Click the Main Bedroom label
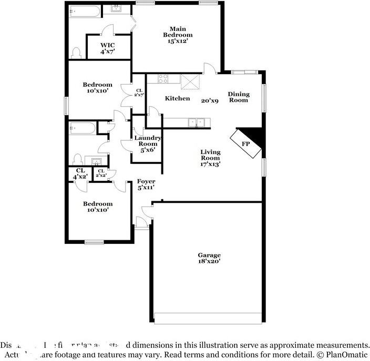[177, 35]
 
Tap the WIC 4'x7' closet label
[107, 48]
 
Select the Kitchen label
[177, 98]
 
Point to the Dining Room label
[238, 97]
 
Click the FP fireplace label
[245, 143]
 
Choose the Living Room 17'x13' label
[210, 158]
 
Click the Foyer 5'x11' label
[146, 184]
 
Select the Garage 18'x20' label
[209, 257]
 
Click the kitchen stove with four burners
[163, 79]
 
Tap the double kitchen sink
[198, 122]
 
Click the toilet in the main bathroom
[77, 51]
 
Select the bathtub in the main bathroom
[82, 11]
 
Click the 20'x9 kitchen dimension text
[210, 100]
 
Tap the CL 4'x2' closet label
[80, 173]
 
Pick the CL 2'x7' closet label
[139, 92]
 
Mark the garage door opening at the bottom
[209, 319]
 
